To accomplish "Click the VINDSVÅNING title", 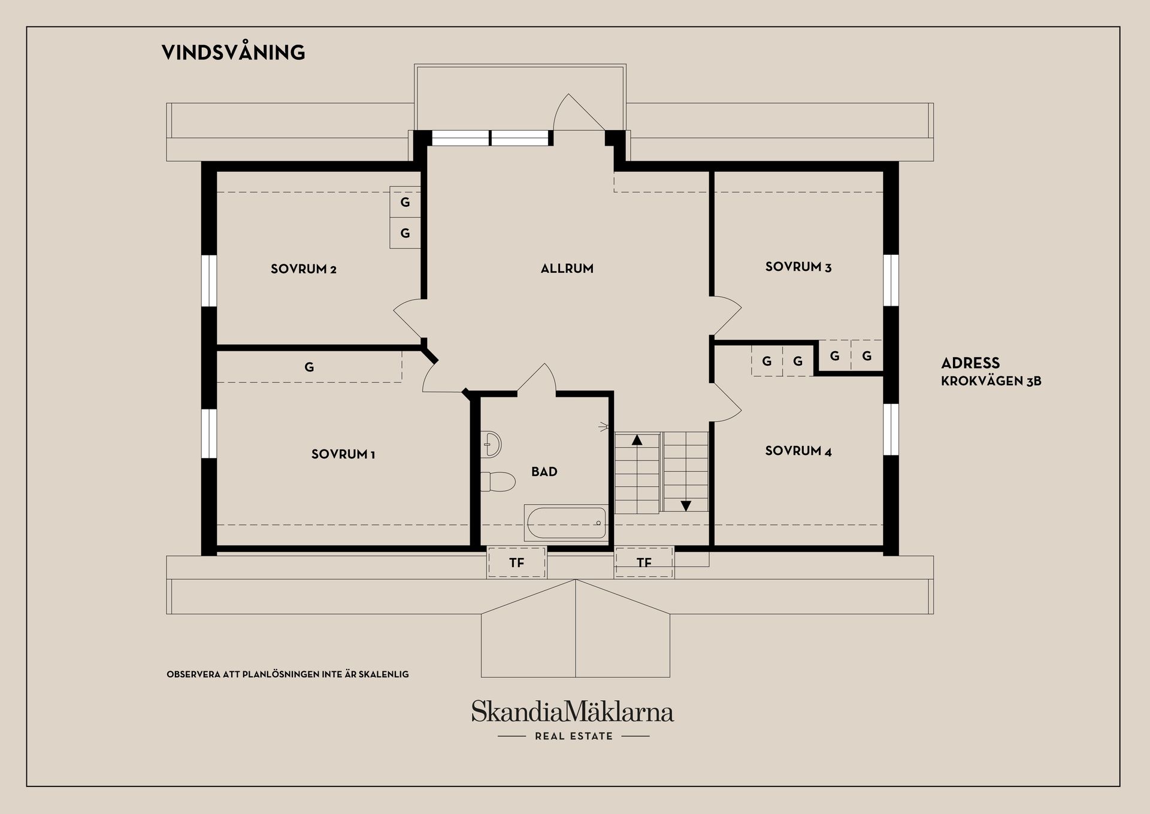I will [233, 53].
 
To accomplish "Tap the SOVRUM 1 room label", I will [343, 454].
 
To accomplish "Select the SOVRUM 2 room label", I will [303, 269].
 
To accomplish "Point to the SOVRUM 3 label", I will [798, 267].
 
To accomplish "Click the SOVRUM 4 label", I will [798, 451].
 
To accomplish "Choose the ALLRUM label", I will [567, 269].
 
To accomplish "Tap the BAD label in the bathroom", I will [544, 472].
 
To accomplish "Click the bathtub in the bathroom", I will [565, 523].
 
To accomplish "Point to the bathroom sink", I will [492, 444].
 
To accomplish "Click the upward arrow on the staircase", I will [637, 440].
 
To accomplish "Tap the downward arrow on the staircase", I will [686, 505].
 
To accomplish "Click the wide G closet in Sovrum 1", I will [309, 367].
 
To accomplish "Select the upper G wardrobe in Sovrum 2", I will [405, 203].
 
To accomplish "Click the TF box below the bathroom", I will [516, 562].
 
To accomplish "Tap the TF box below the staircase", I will [644, 562].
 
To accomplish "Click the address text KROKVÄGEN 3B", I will [991, 381].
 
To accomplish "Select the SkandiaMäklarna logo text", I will [572, 712].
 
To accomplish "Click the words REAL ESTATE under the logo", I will [573, 736].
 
